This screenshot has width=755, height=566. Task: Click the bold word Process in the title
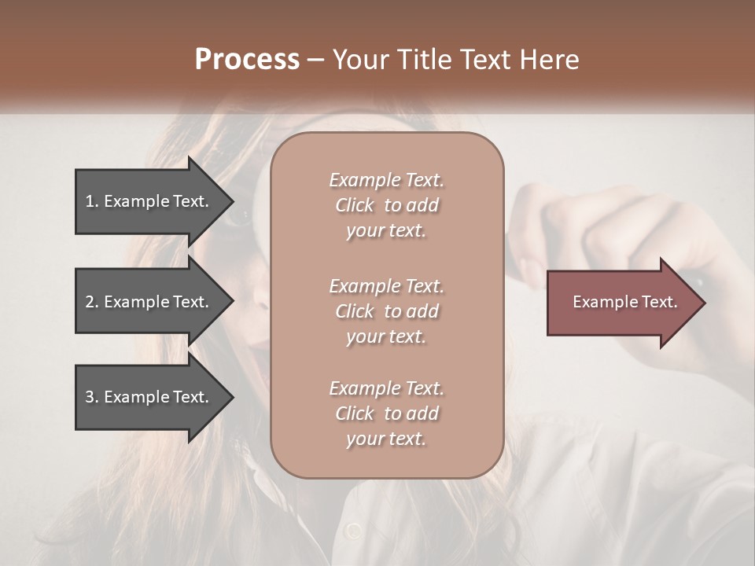tap(247, 60)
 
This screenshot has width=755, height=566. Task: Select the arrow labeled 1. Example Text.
tap(147, 201)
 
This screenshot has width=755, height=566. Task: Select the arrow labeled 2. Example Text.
tap(147, 302)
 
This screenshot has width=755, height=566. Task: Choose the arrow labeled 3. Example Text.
tap(147, 397)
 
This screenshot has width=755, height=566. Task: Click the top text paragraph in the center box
tap(386, 205)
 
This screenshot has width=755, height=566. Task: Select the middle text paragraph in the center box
tap(386, 311)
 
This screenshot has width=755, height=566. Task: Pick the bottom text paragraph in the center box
tap(386, 413)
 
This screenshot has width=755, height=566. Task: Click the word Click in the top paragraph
tap(355, 205)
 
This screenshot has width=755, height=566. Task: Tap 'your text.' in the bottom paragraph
tap(386, 439)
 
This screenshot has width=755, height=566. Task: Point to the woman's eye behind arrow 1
tap(240, 215)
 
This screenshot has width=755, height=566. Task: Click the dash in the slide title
tap(316, 61)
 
